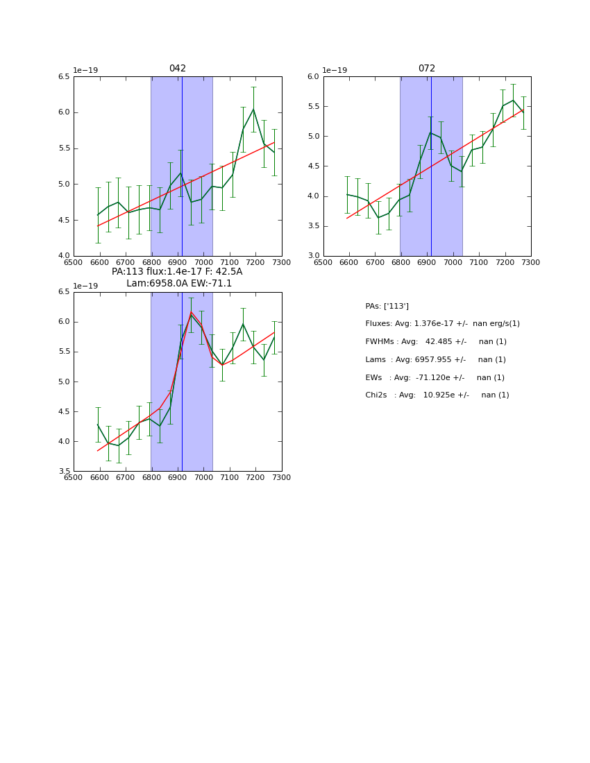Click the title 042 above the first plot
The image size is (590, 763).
(178, 69)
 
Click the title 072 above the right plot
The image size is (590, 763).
(426, 69)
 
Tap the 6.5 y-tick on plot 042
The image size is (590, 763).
(64, 77)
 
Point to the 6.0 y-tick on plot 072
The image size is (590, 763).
(313, 77)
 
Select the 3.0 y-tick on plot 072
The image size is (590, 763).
(313, 256)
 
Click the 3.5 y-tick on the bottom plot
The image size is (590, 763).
(64, 472)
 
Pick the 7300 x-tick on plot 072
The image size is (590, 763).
(531, 262)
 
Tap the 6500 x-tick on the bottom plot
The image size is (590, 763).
(74, 478)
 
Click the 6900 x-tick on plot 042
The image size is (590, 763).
(178, 262)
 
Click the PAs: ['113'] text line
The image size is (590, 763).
(387, 307)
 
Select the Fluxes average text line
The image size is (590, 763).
(442, 324)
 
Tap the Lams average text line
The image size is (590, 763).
(435, 360)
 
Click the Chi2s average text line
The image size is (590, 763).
(437, 395)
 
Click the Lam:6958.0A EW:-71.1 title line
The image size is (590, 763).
(179, 284)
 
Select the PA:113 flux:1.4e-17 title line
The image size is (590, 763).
(177, 272)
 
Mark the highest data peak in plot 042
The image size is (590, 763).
(253, 109)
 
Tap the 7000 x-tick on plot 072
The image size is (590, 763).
(453, 262)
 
